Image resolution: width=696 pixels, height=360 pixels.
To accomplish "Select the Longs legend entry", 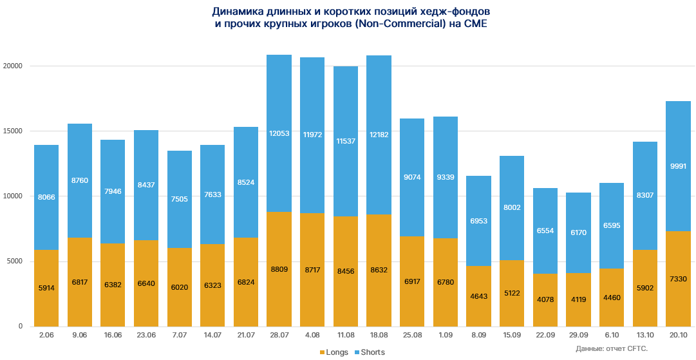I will click(334, 352).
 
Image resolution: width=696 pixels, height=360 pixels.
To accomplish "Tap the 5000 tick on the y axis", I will click(15, 261).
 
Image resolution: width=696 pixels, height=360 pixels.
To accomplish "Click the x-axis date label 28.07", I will click(279, 336).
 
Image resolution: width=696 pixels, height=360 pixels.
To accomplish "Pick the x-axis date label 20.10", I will click(678, 336).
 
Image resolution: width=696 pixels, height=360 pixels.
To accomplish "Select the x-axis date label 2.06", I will click(46, 336).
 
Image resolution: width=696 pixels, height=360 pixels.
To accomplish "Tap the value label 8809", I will click(279, 270).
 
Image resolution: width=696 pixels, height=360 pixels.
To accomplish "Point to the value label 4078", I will click(545, 299).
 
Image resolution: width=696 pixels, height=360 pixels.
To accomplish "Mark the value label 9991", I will click(678, 166).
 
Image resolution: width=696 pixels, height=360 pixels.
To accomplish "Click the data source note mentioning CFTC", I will click(612, 348).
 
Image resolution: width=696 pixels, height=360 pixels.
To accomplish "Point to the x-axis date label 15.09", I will click(512, 336).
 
